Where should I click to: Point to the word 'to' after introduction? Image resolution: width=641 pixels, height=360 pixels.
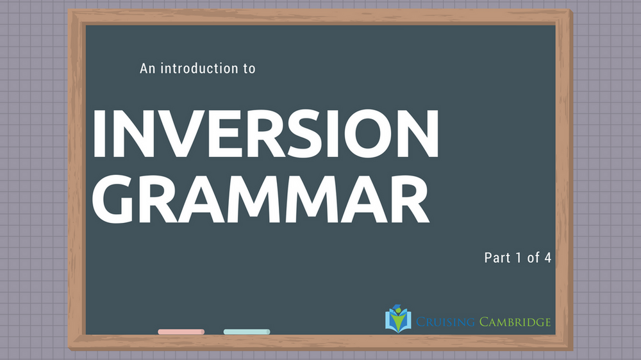(x=249, y=69)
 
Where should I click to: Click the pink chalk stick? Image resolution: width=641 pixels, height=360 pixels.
(x=181, y=332)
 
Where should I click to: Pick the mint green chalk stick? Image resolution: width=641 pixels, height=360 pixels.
(x=247, y=332)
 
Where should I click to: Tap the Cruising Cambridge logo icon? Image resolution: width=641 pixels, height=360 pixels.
(x=397, y=319)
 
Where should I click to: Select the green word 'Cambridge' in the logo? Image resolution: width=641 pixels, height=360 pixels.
(x=515, y=322)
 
